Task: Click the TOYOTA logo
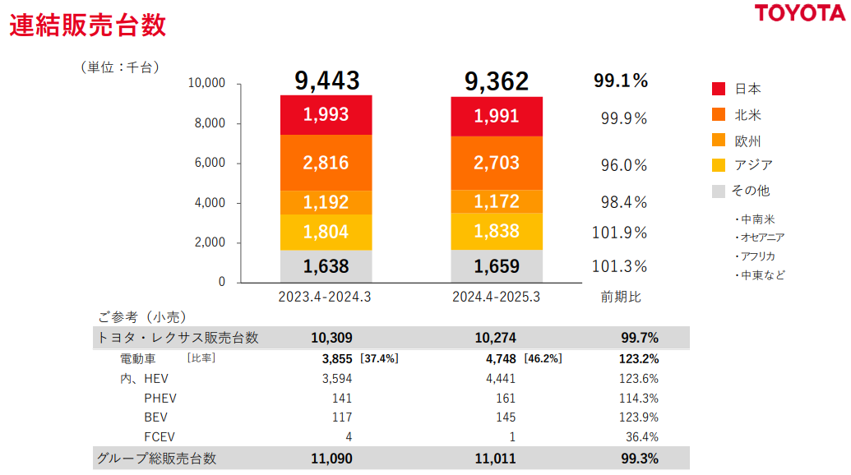point(800,13)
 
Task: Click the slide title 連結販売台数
point(88,25)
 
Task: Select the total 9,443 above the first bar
point(327,81)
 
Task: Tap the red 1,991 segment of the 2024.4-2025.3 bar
point(496,116)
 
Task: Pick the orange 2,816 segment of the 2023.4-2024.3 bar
point(326,163)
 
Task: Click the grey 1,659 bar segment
point(496,266)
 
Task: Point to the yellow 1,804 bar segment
point(326,232)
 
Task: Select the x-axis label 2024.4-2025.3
point(496,297)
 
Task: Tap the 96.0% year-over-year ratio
point(624,165)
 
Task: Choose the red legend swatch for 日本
point(718,89)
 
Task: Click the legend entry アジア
point(752,165)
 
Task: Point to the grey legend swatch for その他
point(718,191)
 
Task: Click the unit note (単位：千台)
point(120,67)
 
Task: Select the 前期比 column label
point(621,297)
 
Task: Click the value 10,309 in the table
point(332,337)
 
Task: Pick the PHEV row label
point(160,398)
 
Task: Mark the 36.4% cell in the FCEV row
point(641,436)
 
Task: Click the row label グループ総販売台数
point(157,459)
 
